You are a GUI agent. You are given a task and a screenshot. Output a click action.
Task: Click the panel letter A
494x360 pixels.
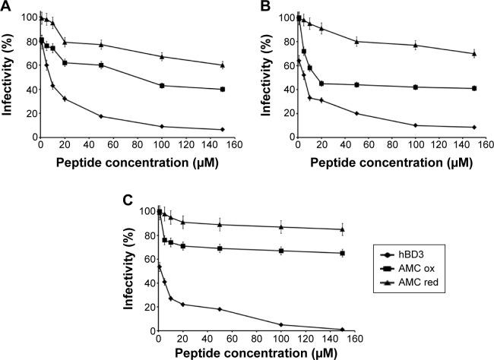pos(7,7)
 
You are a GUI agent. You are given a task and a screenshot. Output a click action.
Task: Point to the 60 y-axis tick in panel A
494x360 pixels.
pos(29,65)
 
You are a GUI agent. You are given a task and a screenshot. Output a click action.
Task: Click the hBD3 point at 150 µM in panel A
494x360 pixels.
pos(222,129)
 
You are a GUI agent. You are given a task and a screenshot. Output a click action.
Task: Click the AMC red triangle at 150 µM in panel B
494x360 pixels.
pos(473,53)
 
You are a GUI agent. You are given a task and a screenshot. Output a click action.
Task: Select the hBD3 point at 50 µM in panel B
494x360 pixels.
pos(356,113)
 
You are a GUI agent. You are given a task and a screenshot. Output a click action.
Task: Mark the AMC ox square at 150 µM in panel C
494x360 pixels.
pos(343,253)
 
